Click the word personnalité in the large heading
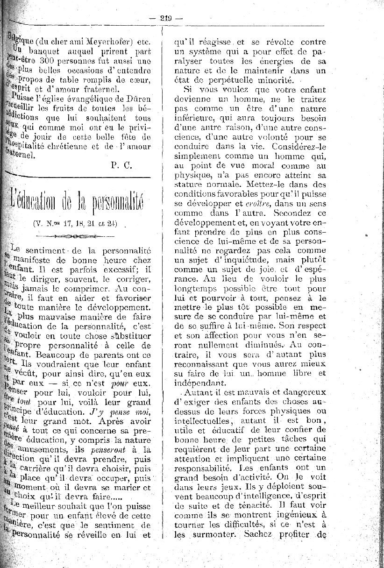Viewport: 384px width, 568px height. pyautogui.click(x=111, y=201)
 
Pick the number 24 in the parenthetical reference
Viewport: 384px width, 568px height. pyautogui.click(x=112, y=223)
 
